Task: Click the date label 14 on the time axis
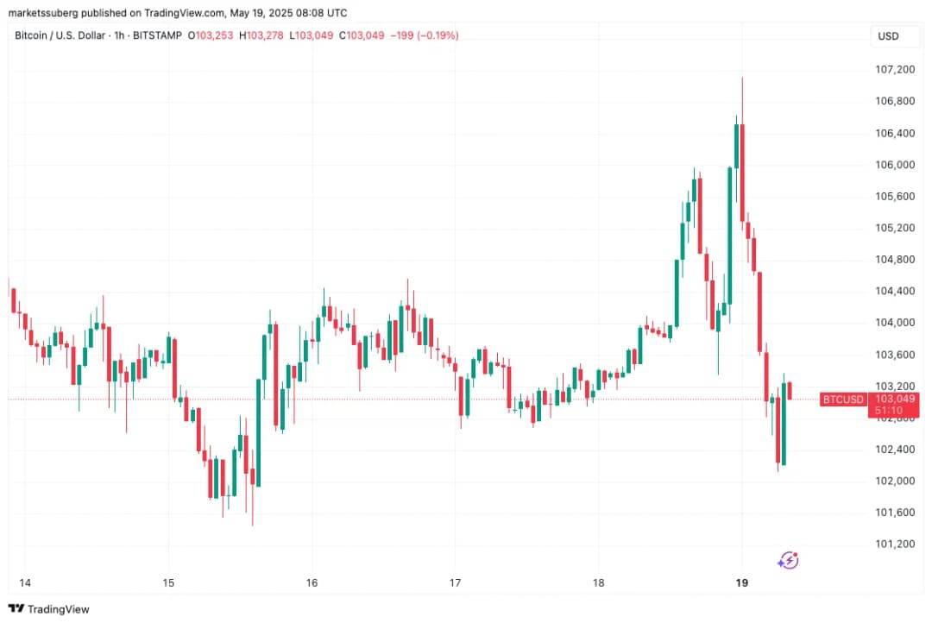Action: (24, 582)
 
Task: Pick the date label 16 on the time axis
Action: (312, 582)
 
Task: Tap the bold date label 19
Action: (741, 582)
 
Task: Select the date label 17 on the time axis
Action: (455, 582)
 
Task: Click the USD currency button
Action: (888, 36)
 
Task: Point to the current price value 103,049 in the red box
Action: (894, 399)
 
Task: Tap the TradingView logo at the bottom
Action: (48, 609)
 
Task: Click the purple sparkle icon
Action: (788, 560)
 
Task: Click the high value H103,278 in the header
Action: (262, 35)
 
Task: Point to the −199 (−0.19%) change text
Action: (424, 35)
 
